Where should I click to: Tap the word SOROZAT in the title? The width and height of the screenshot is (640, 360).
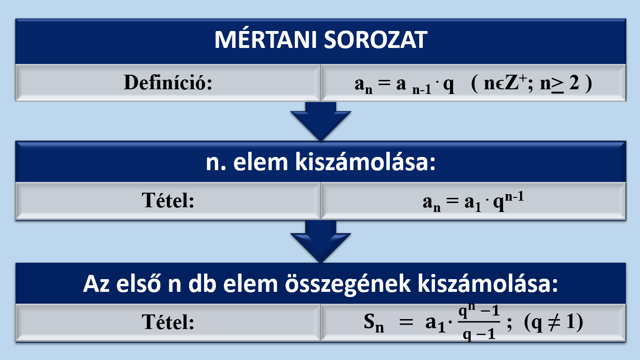tap(376, 39)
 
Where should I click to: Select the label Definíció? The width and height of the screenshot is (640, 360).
tap(168, 83)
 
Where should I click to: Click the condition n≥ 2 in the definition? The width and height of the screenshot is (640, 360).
tap(560, 84)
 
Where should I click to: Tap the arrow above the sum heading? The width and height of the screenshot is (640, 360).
tap(321, 242)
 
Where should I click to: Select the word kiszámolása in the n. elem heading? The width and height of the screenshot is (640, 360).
tap(365, 162)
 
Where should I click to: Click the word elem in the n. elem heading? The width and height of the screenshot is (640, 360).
tap(261, 162)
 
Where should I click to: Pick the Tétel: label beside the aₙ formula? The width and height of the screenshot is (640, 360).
tap(168, 200)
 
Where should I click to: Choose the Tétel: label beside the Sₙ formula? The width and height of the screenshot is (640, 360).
tap(168, 322)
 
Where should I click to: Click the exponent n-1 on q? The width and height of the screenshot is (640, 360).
tap(514, 197)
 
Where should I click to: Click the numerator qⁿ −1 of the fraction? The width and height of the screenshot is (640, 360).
tap(479, 311)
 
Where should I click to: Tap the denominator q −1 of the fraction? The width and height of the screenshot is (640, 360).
tap(479, 333)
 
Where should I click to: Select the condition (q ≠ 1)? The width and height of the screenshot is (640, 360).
tap(553, 322)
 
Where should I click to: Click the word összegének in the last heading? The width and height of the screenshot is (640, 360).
tap(348, 284)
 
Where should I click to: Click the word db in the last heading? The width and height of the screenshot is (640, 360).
tap(202, 283)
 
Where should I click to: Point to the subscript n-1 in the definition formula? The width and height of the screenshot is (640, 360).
tap(422, 90)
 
